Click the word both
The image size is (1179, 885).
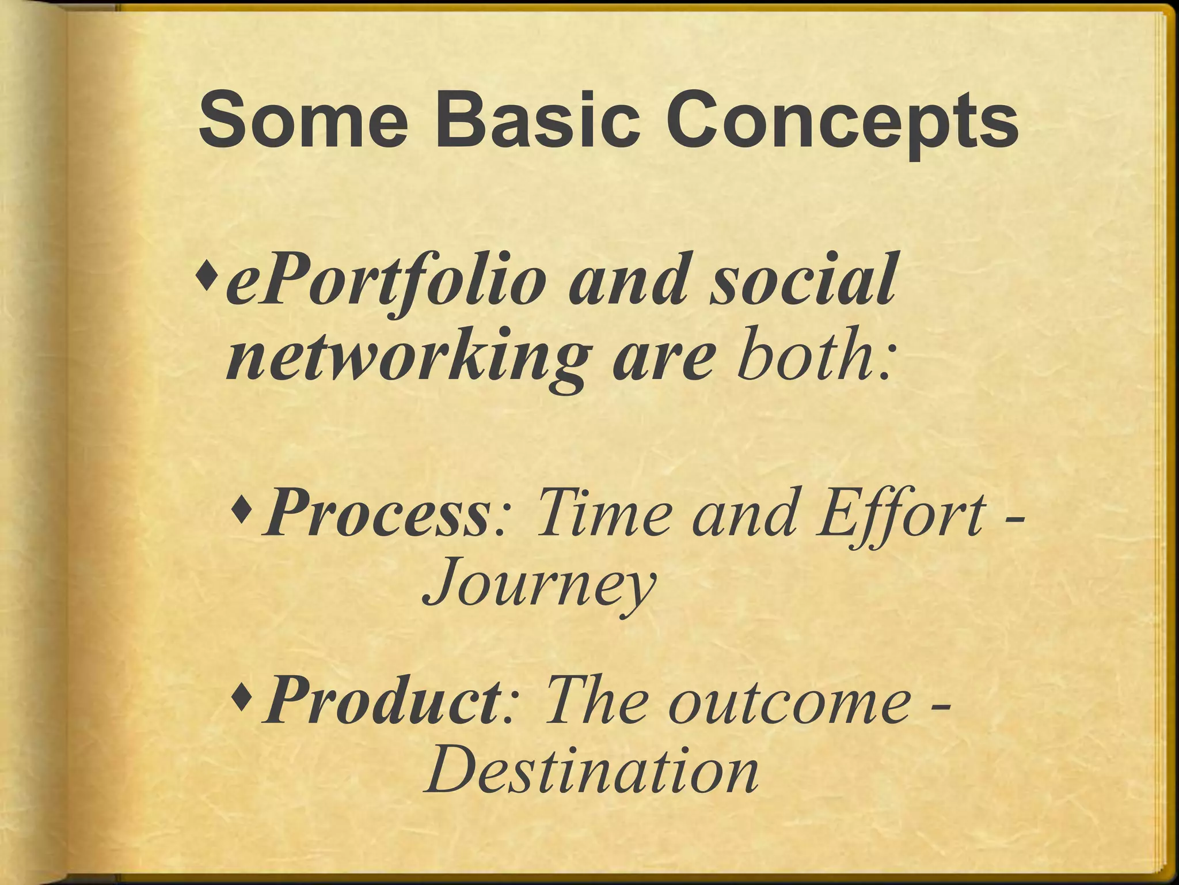coord(806,357)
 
